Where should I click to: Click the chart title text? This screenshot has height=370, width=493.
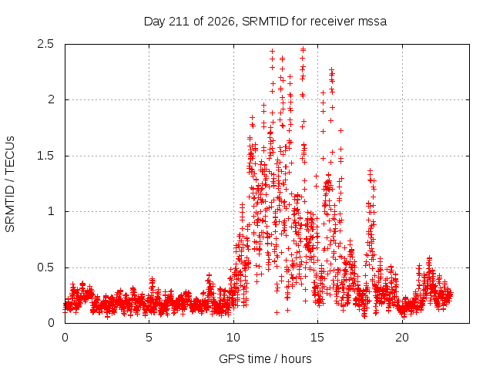[265, 22]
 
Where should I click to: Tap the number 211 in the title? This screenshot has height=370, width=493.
[179, 22]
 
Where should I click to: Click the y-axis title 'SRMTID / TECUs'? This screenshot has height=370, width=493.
[10, 184]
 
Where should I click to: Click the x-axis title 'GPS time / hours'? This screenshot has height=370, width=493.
[265, 358]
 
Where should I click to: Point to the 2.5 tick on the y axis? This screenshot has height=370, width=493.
[45, 44]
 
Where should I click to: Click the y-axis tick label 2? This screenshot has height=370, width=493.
[51, 99]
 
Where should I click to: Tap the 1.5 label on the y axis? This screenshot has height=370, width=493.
[45, 156]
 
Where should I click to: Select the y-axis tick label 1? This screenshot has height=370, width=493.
[52, 211]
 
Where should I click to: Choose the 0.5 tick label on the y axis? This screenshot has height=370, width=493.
[45, 267]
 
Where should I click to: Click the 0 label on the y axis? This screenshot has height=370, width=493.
[51, 323]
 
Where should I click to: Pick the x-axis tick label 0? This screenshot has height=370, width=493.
[65, 338]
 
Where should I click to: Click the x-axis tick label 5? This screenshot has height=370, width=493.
[149, 338]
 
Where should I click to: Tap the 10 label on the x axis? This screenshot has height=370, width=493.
[233, 338]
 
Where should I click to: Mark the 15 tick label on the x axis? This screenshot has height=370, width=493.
[317, 338]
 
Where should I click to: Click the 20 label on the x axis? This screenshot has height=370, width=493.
[402, 338]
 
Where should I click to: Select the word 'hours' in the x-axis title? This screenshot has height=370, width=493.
[296, 358]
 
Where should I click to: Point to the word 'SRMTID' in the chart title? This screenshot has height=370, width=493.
[265, 22]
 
